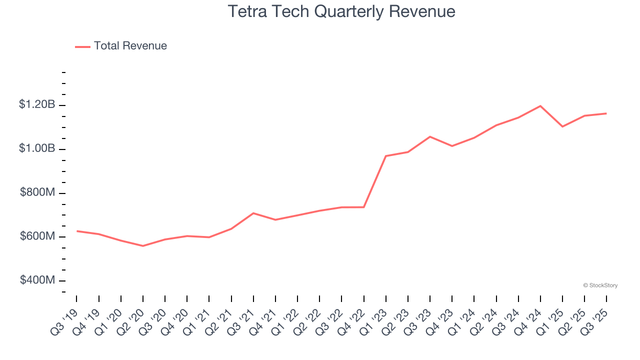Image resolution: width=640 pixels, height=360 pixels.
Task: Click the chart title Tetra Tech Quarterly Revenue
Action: [x=341, y=11]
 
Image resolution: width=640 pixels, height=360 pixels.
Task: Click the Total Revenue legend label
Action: [x=130, y=46]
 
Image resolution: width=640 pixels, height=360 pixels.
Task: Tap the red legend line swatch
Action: [x=82, y=46]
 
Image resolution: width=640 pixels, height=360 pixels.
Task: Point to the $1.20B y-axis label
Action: [x=37, y=104]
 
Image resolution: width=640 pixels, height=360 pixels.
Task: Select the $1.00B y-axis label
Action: [x=37, y=148]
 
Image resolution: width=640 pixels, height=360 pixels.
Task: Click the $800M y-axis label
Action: [x=37, y=192]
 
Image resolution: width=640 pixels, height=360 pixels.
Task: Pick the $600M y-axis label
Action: [x=37, y=236]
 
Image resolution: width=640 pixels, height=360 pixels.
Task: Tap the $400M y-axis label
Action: [x=37, y=280]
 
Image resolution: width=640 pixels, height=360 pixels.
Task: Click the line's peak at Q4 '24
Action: [x=540, y=106]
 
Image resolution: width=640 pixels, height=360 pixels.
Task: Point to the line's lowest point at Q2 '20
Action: [x=143, y=246]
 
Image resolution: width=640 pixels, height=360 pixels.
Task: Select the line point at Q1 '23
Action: [x=386, y=156]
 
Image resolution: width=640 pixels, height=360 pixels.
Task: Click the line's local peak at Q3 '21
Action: [x=253, y=213]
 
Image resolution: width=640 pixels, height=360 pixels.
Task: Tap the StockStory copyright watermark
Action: [x=600, y=285]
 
